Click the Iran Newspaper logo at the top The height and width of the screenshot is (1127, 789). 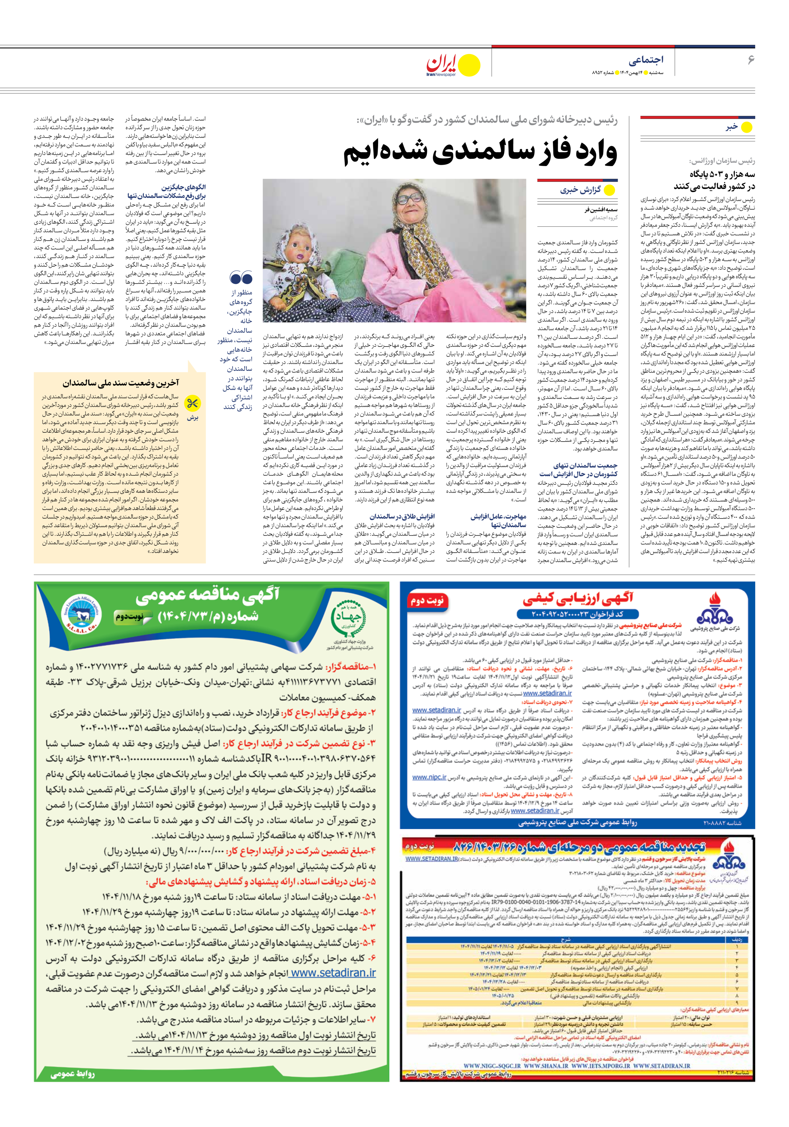(x=452, y=65)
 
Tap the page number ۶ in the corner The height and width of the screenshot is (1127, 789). (x=750, y=60)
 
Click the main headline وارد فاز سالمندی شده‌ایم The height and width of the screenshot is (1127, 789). (x=480, y=153)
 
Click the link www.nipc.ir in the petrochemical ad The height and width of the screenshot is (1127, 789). (x=429, y=777)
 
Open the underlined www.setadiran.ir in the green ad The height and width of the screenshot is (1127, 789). (x=332, y=972)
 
